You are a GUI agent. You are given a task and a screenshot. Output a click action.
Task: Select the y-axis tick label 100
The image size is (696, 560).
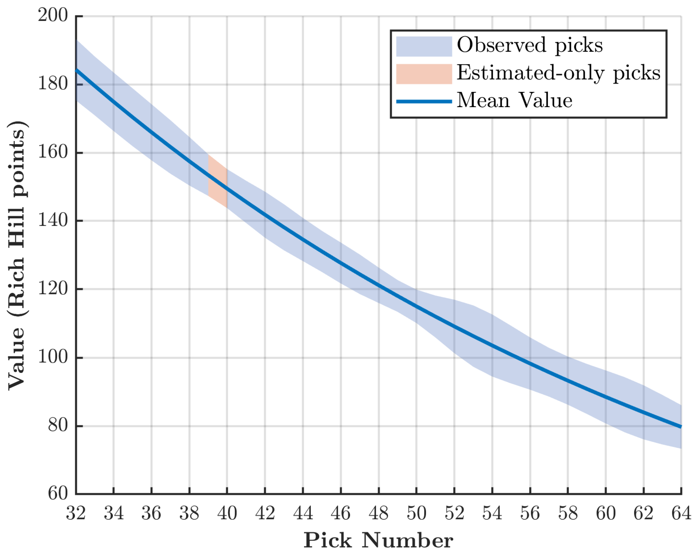click(x=53, y=357)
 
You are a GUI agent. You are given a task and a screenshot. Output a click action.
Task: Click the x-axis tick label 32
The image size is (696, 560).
click(x=76, y=513)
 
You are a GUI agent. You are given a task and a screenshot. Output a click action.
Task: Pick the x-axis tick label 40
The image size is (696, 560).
click(x=227, y=513)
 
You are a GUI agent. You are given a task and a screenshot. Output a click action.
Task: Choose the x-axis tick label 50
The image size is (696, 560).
click(x=416, y=513)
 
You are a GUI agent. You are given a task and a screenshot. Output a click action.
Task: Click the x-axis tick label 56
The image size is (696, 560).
click(x=530, y=513)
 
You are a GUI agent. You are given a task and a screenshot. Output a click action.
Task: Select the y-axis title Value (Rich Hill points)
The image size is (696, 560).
click(x=17, y=256)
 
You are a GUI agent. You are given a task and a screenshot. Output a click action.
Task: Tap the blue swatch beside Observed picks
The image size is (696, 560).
click(x=424, y=47)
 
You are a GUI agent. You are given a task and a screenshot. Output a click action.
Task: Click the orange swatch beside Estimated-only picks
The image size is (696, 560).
click(x=424, y=74)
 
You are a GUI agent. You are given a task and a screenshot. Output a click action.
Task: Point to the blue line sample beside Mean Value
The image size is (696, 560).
click(x=424, y=101)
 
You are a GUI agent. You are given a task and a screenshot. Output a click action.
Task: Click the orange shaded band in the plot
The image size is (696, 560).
click(x=218, y=181)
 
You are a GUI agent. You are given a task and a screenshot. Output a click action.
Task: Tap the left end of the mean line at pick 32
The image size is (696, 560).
click(x=76, y=70)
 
